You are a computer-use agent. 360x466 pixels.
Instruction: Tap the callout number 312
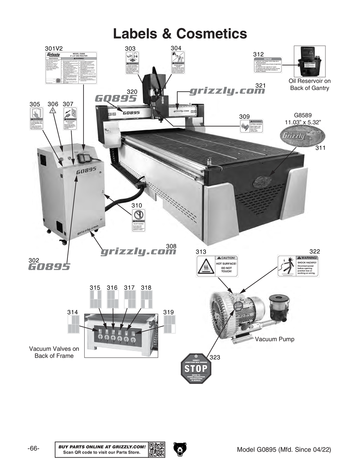258,54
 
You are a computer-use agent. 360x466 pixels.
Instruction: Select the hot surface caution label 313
217,266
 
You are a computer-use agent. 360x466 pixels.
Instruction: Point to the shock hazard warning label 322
298,266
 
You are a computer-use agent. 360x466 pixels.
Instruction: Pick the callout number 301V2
54,48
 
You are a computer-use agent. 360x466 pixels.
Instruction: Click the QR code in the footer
157,449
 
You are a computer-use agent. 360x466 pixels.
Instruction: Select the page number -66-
33,449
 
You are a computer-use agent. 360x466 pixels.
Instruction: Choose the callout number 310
136,205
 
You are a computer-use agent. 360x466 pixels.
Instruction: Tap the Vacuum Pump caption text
274,339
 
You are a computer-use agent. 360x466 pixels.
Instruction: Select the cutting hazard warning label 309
252,126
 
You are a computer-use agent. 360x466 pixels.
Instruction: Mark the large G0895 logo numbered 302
49,267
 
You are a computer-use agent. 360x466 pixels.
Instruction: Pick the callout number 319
168,312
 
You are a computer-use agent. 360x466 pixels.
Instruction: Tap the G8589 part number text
303,116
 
